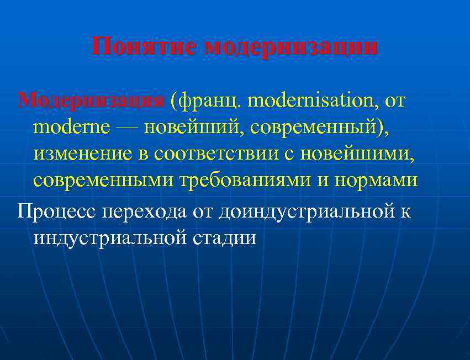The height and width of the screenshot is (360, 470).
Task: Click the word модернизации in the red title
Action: click(x=291, y=46)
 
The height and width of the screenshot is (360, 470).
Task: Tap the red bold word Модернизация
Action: click(x=91, y=100)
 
